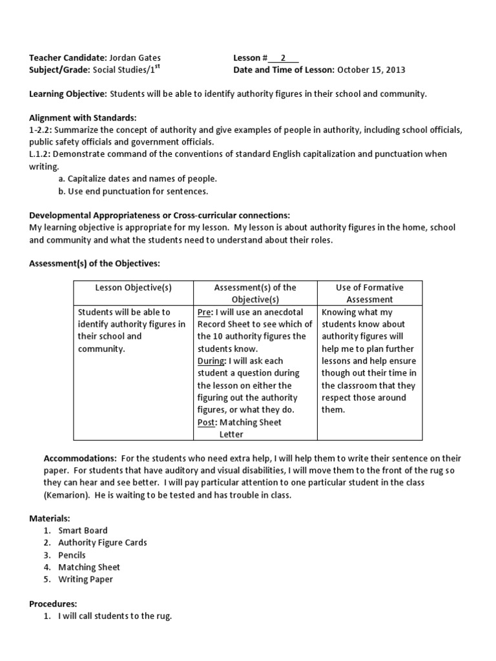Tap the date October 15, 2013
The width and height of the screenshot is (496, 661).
[x=371, y=70]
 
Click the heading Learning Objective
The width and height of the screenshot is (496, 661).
[x=68, y=94]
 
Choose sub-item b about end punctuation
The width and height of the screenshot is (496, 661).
[x=134, y=191]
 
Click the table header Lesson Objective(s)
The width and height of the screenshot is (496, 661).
[x=134, y=287]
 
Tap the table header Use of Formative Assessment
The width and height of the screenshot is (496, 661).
[x=369, y=293]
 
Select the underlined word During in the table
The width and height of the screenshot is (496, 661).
[x=212, y=361]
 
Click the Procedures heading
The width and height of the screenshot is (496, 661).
[x=53, y=604]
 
